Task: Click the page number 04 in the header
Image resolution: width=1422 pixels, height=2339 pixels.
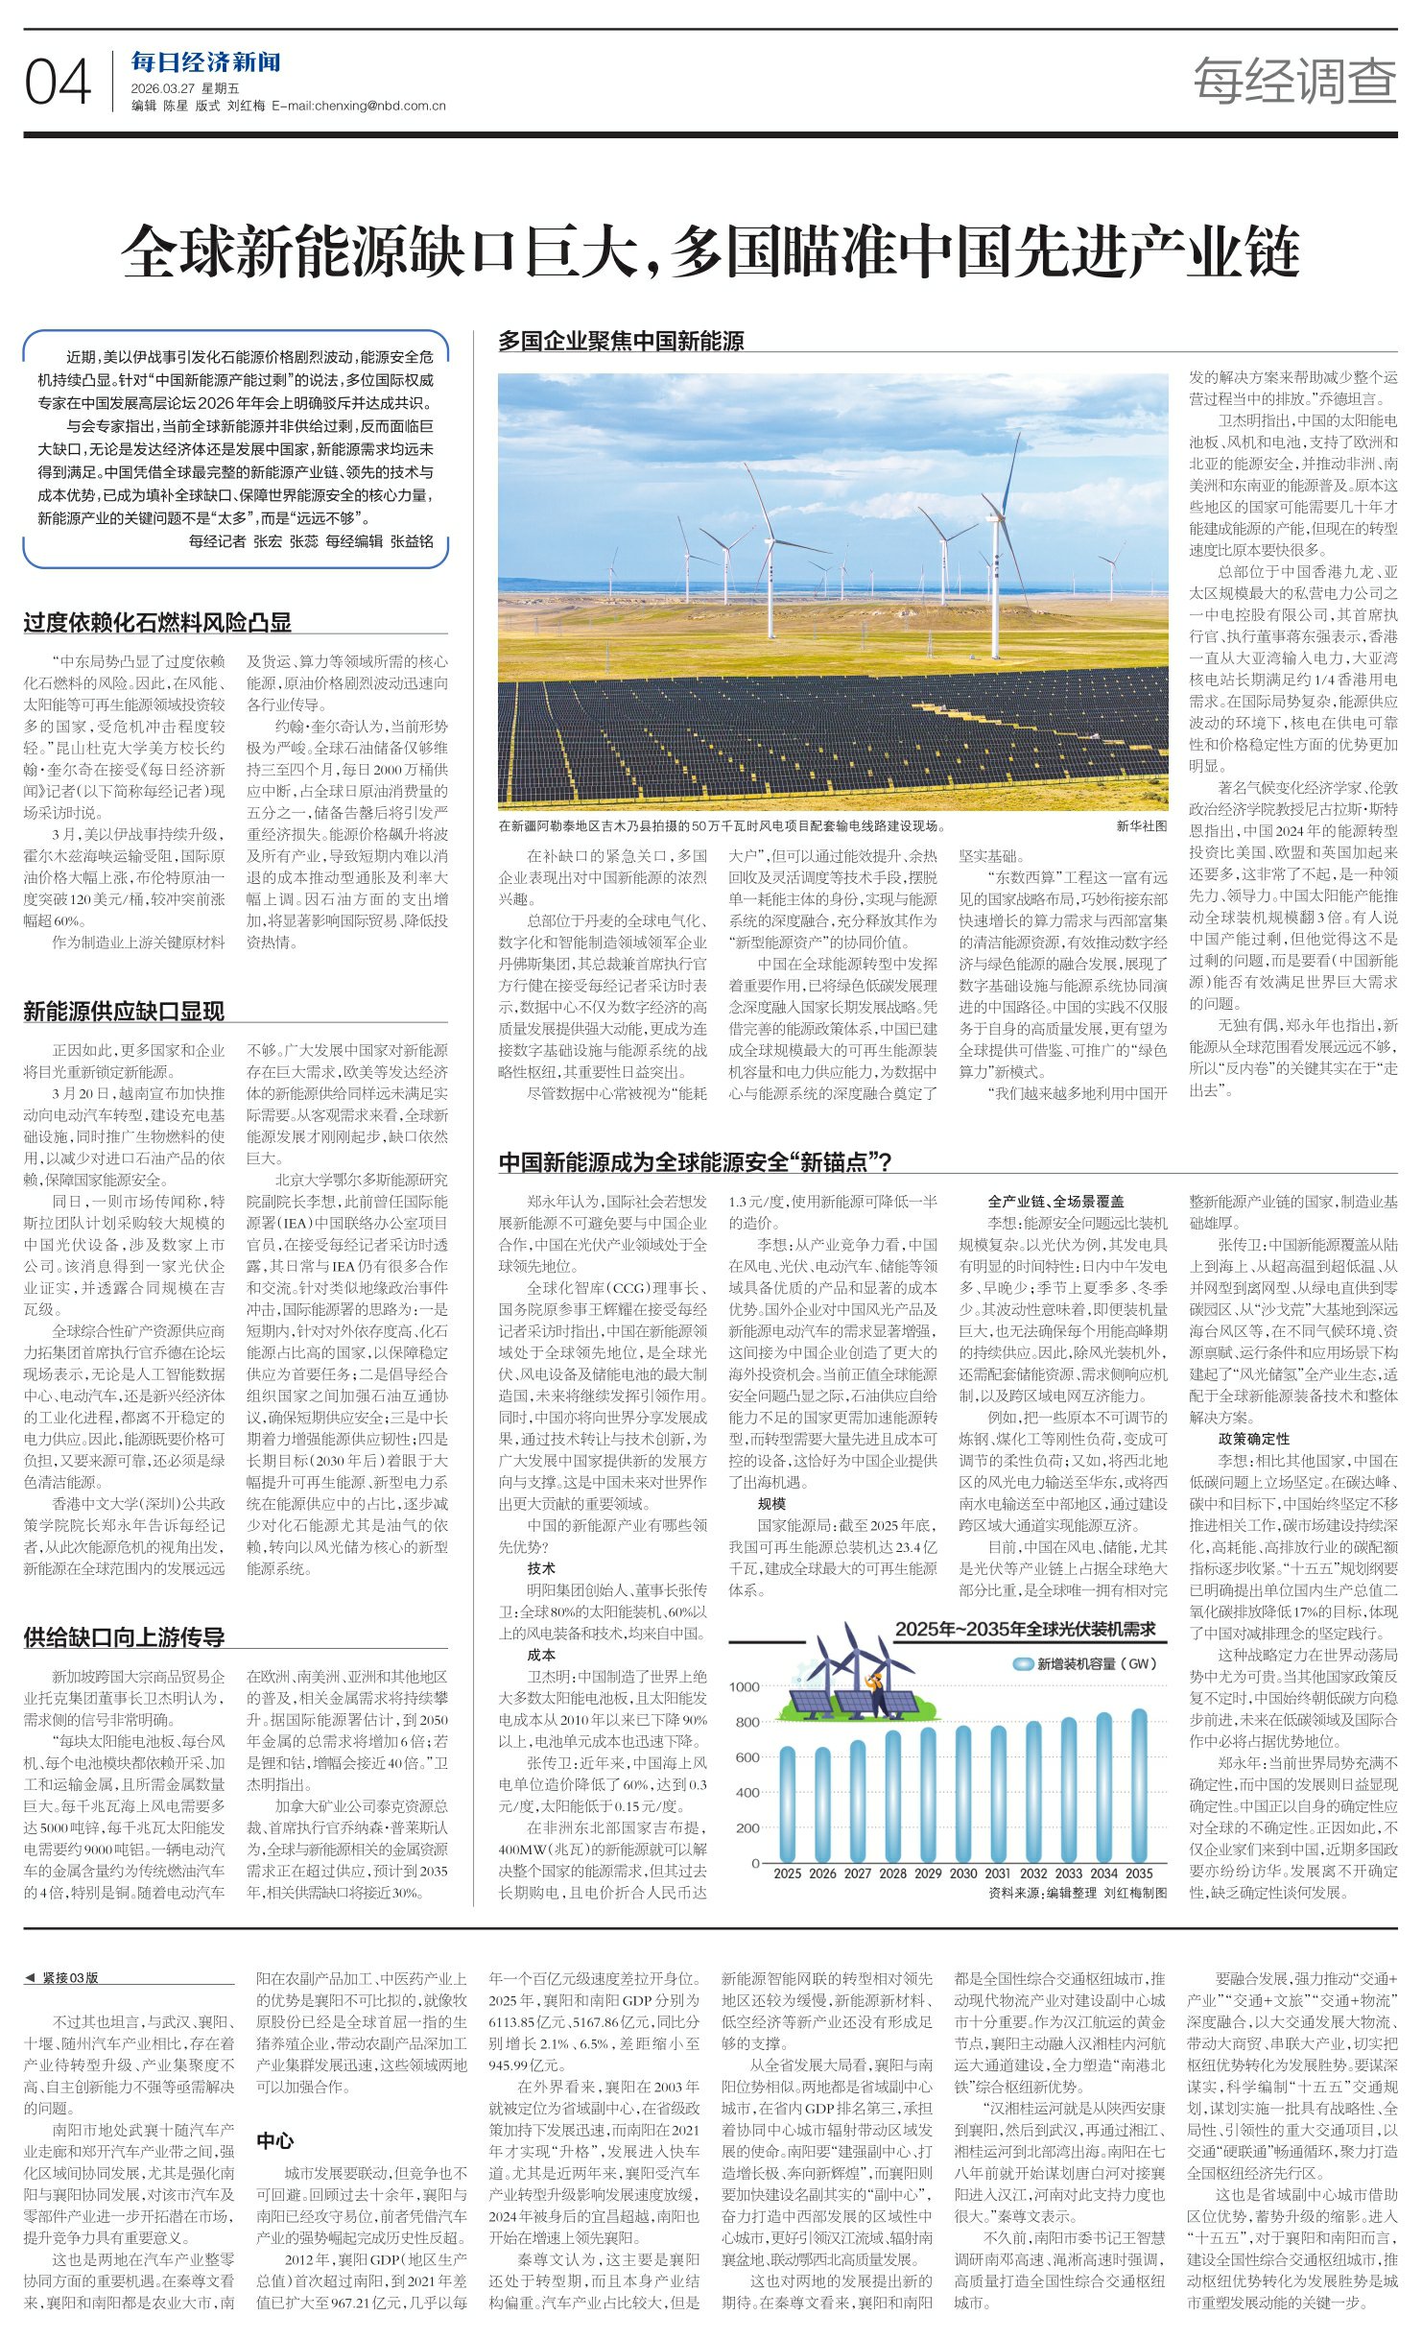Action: coord(58,83)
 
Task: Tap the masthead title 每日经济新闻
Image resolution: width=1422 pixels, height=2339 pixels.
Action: coord(205,63)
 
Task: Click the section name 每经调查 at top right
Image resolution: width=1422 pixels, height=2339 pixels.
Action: coord(1293,80)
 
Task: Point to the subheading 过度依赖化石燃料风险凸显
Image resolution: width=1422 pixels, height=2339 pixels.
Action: coord(157,622)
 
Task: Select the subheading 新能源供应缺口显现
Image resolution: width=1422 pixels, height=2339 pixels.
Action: coord(124,1010)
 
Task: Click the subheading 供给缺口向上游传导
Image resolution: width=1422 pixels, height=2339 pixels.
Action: coord(124,1636)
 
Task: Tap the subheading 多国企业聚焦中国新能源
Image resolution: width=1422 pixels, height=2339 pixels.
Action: coord(621,340)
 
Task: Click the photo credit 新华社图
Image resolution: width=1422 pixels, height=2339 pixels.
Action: coord(1141,825)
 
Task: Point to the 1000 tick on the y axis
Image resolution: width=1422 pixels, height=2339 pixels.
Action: coord(744,1686)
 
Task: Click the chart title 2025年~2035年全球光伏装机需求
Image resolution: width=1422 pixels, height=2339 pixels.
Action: coord(1025,1629)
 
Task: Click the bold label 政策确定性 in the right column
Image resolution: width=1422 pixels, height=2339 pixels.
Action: coord(1253,1439)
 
